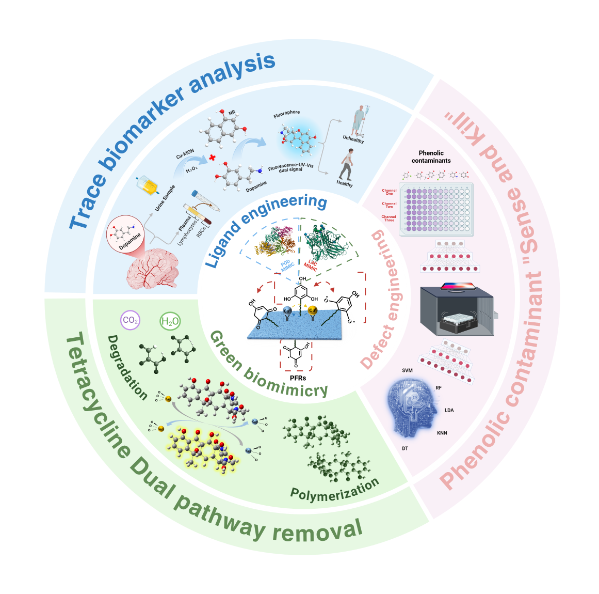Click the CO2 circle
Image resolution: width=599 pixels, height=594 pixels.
[130, 320]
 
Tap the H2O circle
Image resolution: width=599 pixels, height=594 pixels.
[170, 322]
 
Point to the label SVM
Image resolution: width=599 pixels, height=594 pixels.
[407, 370]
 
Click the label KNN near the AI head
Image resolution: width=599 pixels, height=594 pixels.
[442, 433]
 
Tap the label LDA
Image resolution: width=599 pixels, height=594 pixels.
[449, 410]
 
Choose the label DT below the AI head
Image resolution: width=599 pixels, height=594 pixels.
[405, 448]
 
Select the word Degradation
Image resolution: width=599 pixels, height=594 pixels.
[127, 367]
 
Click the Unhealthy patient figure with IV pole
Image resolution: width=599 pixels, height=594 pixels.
[359, 121]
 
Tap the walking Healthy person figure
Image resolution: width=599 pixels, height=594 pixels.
[346, 164]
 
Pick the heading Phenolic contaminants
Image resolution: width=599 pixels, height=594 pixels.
[431, 157]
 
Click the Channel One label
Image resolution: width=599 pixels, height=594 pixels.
[389, 192]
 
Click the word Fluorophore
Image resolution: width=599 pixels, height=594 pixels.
[286, 114]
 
